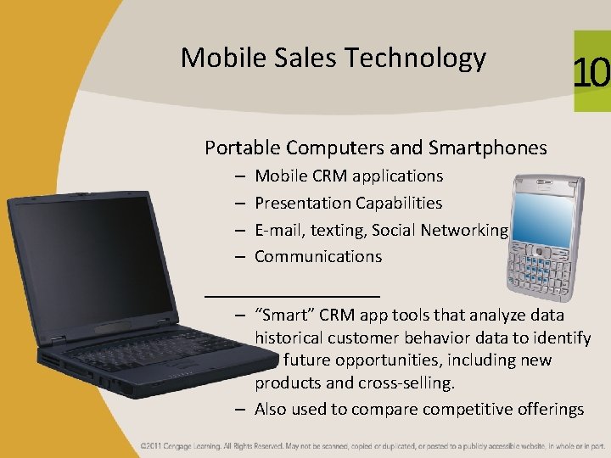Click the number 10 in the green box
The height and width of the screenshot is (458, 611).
click(x=591, y=74)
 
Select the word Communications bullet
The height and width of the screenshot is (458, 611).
click(x=318, y=255)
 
